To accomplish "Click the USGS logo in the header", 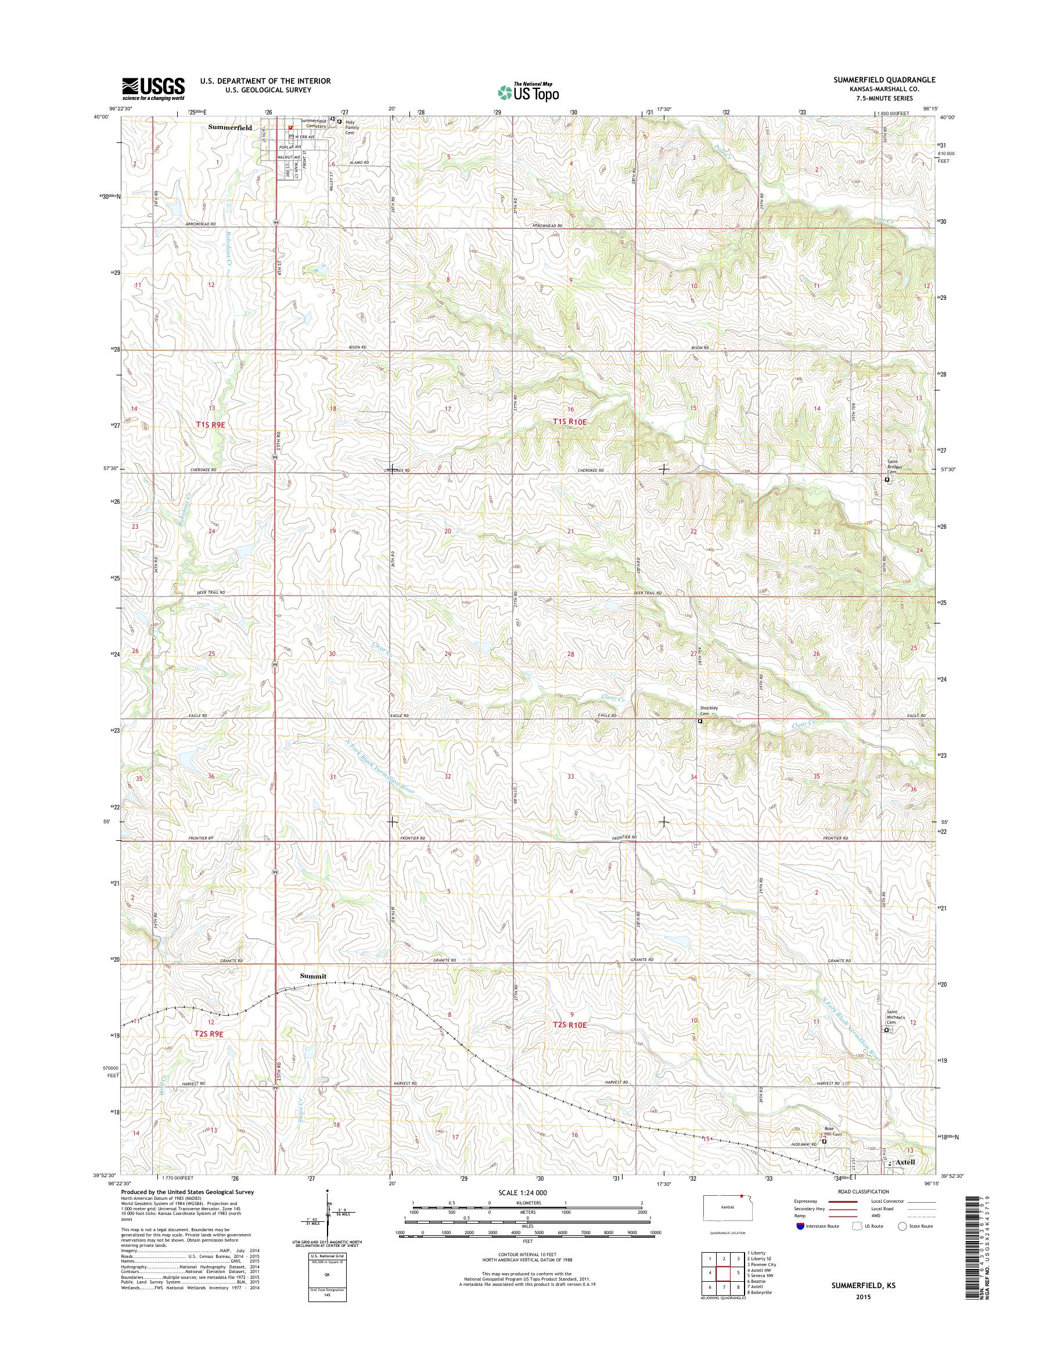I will click(x=153, y=88).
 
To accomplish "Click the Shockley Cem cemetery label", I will click(x=707, y=711).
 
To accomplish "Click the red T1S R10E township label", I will click(x=569, y=421).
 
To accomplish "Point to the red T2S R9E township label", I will click(x=208, y=1034).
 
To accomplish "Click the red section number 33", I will click(x=570, y=776).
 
